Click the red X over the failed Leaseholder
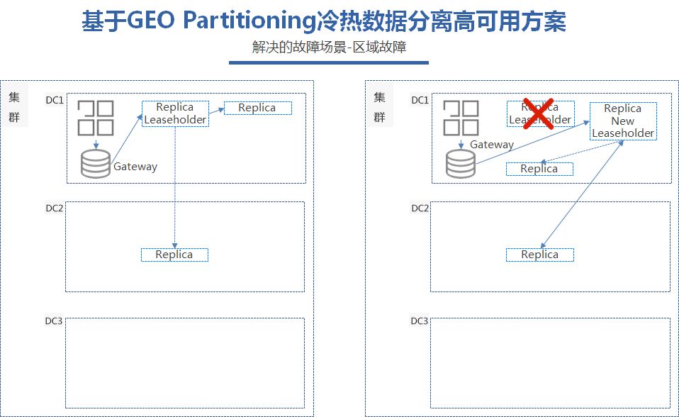539,113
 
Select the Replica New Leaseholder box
623,121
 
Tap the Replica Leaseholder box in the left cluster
175,113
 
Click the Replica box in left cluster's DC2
174,255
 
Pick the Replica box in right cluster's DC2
539,255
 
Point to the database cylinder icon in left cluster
96,164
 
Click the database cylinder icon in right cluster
461,164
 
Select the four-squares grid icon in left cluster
96,118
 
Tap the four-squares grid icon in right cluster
461,118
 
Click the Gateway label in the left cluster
135,167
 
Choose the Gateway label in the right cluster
492,145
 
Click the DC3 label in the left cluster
54,322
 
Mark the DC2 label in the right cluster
420,208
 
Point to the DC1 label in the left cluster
54,100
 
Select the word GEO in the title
149,22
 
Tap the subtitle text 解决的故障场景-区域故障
329,48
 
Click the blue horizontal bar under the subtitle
329,62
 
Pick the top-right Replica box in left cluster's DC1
257,108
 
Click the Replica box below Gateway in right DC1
539,169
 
